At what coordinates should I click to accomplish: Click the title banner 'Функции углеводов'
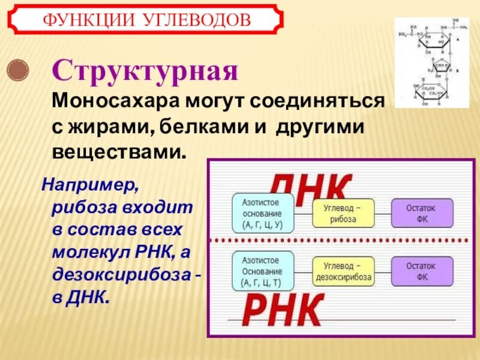click(x=146, y=20)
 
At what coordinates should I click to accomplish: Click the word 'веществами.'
click(x=119, y=150)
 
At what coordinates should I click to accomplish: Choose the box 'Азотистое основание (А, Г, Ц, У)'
click(x=263, y=214)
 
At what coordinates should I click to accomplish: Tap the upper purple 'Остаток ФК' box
click(x=422, y=214)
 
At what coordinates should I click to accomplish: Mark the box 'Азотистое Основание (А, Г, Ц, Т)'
click(x=263, y=271)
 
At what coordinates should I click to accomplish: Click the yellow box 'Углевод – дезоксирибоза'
click(x=343, y=271)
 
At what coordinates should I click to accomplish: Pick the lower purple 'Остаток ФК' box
click(x=422, y=271)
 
